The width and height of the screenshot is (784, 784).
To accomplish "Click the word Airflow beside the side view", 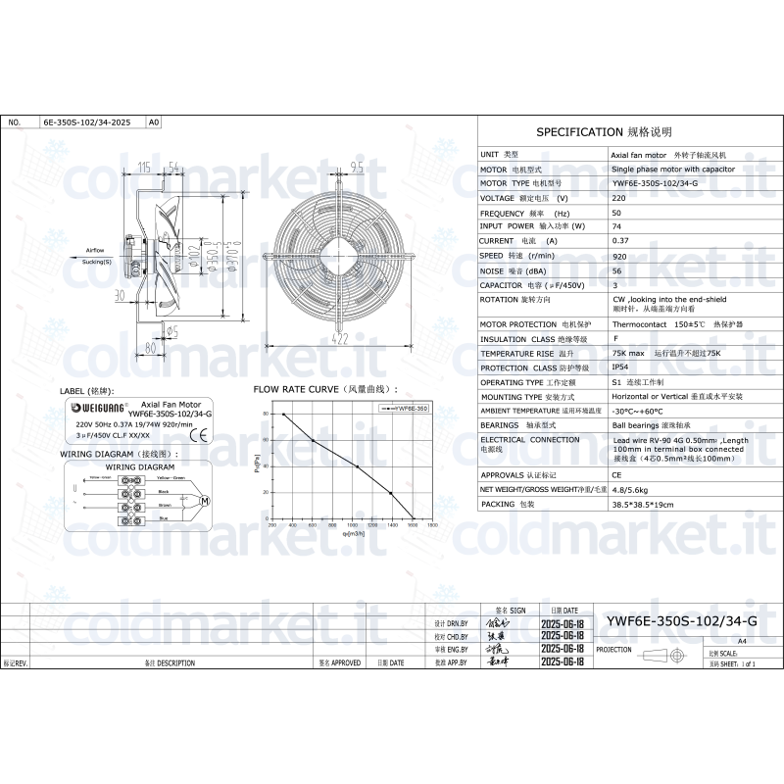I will point(95,251).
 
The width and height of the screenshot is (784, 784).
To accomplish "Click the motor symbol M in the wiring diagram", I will point(205,501).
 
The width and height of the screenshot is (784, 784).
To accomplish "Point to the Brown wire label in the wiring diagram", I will point(165,506).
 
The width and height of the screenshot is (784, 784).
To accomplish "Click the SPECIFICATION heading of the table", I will point(604,131).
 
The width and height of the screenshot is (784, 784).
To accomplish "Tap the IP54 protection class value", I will point(620,367).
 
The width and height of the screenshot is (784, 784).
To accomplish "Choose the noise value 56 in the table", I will point(616,269).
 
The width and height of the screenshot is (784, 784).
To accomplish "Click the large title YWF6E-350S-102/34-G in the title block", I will point(682,621).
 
